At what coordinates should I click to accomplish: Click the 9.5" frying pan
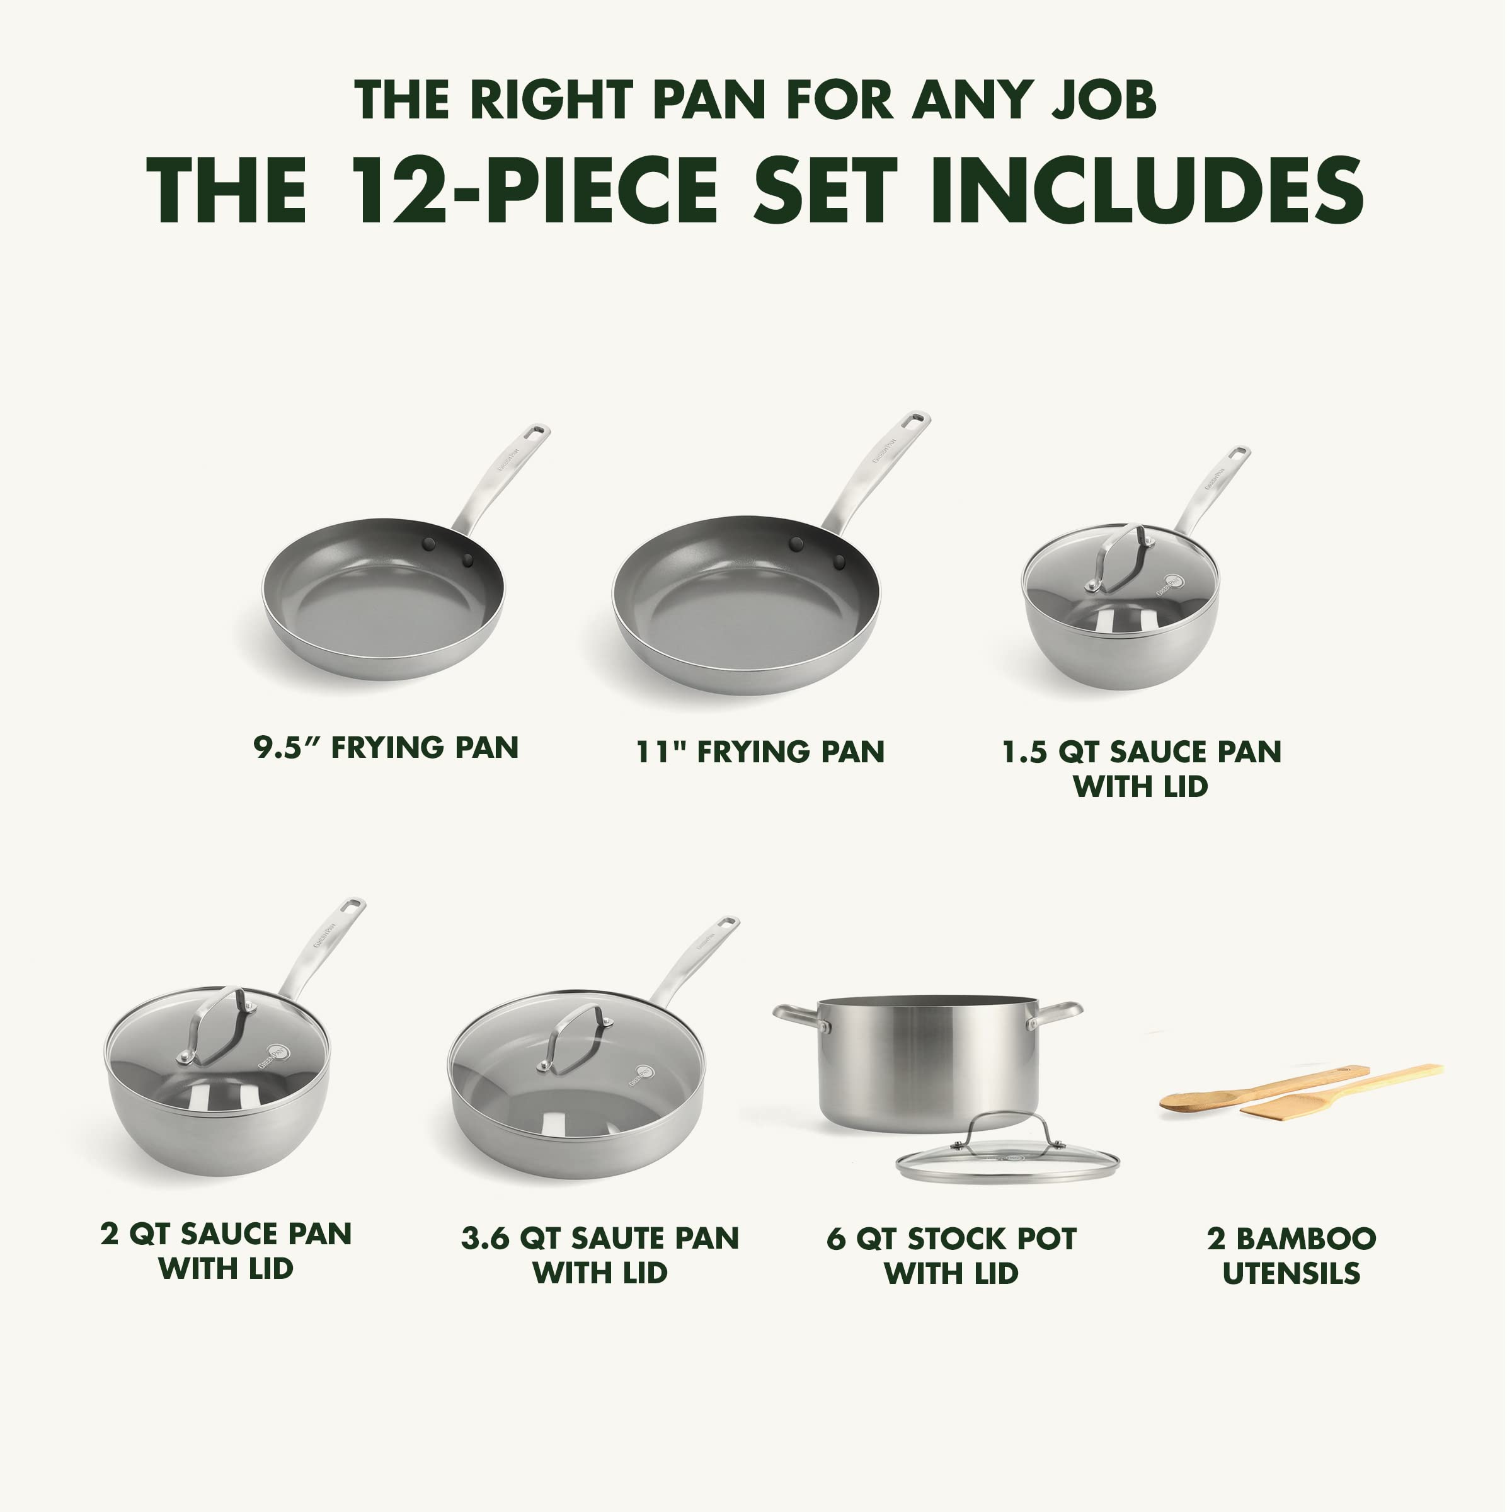[384, 598]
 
